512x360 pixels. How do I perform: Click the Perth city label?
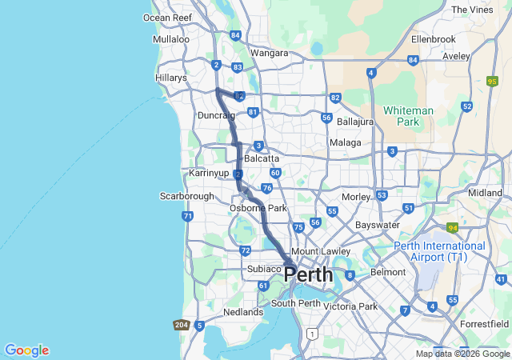click(x=309, y=274)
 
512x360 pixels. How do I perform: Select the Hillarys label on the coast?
click(x=170, y=78)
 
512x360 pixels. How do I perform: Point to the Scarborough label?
click(x=187, y=196)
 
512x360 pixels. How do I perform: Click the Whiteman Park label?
click(x=408, y=116)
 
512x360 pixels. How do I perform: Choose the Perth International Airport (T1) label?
click(x=439, y=251)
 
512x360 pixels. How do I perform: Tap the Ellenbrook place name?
click(x=433, y=38)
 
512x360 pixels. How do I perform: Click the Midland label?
click(x=485, y=193)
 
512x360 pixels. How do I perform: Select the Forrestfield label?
click(x=485, y=324)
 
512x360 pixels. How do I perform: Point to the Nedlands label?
click(x=242, y=312)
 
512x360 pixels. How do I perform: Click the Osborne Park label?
click(x=258, y=208)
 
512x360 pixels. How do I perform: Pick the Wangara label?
click(x=269, y=53)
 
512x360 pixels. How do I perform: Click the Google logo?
click(x=26, y=350)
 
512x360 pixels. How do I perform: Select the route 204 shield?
click(x=181, y=325)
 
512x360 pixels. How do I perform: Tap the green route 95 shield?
click(x=491, y=81)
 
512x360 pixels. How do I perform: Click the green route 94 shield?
click(x=452, y=227)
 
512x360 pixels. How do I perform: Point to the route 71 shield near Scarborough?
click(x=187, y=216)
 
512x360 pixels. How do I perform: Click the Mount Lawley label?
click(x=321, y=251)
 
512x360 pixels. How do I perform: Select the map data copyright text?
click(x=462, y=354)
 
